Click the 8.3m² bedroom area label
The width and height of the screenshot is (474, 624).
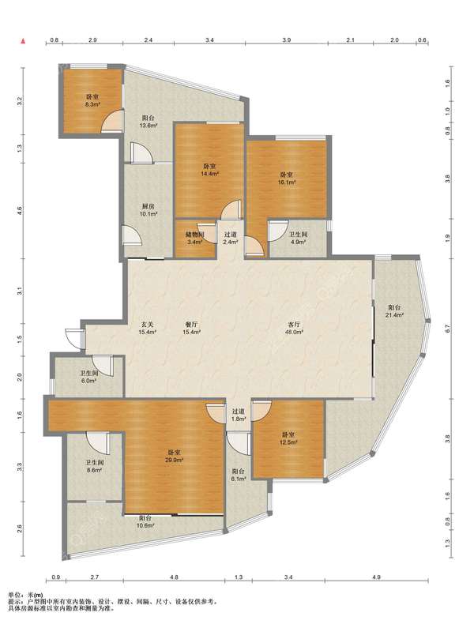[x=92, y=100]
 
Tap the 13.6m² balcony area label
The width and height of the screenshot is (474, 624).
[x=148, y=122]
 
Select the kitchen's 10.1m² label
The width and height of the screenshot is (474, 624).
[x=148, y=210]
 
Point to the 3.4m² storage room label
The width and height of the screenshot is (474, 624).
[x=195, y=238]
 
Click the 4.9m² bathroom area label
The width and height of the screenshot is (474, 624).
[x=298, y=238]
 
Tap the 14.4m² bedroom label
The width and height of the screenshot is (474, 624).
[x=209, y=170]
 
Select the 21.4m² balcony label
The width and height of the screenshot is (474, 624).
[x=394, y=311]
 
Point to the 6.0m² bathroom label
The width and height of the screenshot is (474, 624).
[x=88, y=377]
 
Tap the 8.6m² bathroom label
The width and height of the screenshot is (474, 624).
[x=94, y=466]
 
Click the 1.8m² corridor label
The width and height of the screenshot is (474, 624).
[x=239, y=415]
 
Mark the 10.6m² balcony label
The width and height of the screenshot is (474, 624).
[x=145, y=522]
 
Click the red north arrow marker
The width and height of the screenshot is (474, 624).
[x=23, y=40]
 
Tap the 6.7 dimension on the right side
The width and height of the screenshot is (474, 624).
[x=447, y=329]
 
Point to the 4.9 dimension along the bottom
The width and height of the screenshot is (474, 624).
[x=377, y=577]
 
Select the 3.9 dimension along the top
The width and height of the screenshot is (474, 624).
[x=287, y=39]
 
